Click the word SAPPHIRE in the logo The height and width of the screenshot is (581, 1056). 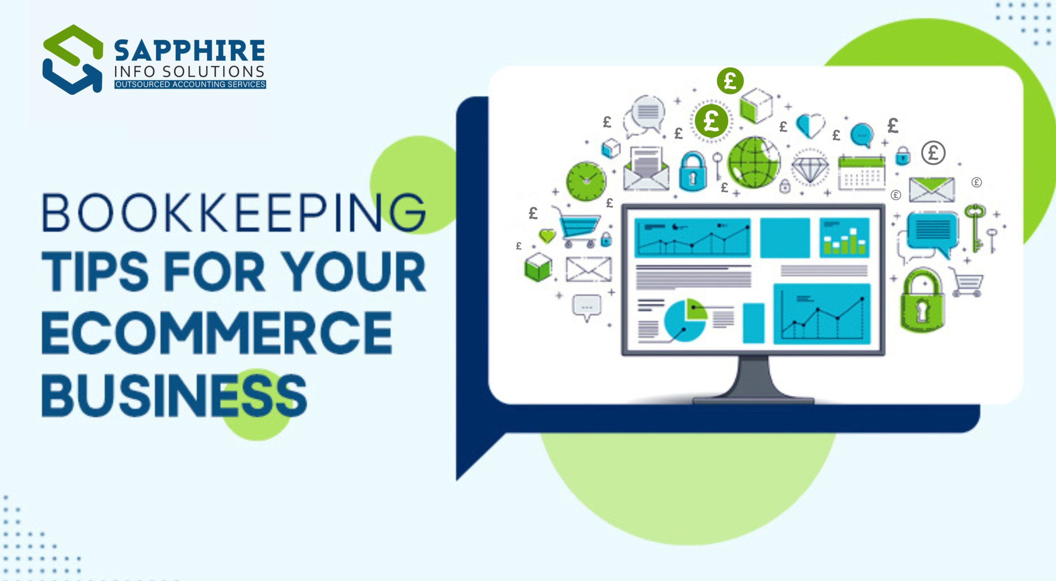tap(189, 51)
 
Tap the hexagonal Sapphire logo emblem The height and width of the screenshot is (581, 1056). tap(73, 59)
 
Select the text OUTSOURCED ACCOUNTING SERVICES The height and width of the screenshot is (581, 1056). tap(190, 85)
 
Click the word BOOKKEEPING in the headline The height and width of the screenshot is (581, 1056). tap(233, 213)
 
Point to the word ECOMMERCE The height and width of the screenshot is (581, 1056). tap(217, 333)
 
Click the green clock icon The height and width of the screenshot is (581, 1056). tap(586, 181)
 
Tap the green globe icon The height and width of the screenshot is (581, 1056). tap(754, 162)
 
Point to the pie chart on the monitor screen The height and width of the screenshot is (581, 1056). tap(685, 320)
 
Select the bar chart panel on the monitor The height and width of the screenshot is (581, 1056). tap(844, 238)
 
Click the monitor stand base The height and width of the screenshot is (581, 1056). tap(753, 399)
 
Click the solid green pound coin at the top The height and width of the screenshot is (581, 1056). tap(730, 81)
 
